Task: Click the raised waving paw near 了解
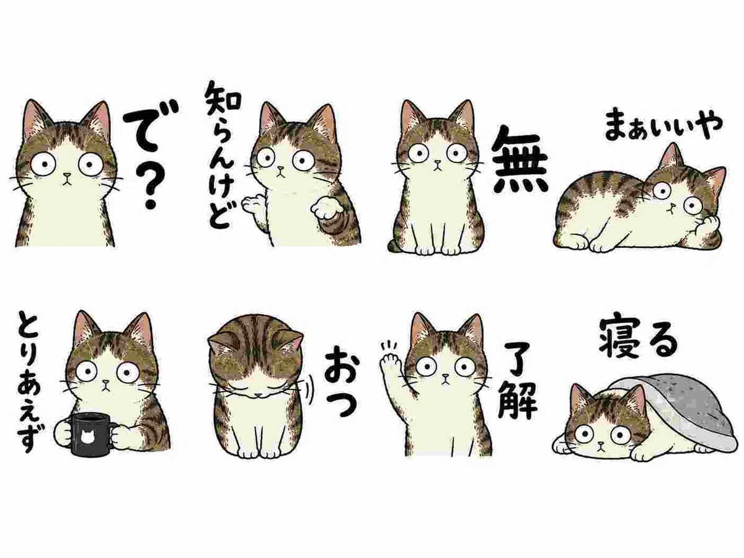pos(391,366)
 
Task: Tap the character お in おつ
pos(340,363)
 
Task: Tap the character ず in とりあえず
pos(29,440)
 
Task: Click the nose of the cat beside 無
pos(438,162)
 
